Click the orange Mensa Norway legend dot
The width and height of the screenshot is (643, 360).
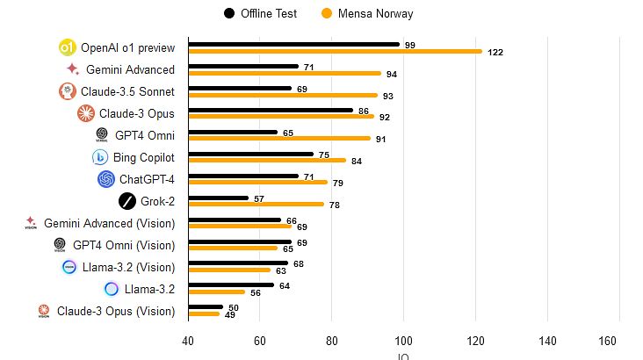click(x=327, y=13)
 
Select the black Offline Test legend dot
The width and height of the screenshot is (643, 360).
click(x=229, y=13)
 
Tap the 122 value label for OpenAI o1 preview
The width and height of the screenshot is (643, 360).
click(x=495, y=52)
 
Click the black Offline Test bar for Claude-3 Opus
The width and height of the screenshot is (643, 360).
click(x=271, y=111)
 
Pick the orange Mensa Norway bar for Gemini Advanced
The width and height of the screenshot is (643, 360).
click(x=285, y=74)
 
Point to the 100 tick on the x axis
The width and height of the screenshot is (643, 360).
click(x=403, y=341)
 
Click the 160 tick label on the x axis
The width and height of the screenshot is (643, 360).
click(x=607, y=341)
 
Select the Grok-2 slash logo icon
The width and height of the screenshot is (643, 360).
click(x=127, y=201)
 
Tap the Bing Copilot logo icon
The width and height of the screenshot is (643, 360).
click(x=100, y=157)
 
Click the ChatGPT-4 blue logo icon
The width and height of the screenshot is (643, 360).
click(x=106, y=179)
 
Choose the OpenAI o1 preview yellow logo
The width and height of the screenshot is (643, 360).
click(x=68, y=47)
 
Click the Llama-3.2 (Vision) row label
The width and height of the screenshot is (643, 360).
click(x=128, y=267)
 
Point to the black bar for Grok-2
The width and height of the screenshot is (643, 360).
click(x=219, y=198)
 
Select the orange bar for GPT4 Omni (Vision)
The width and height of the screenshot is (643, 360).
click(x=233, y=248)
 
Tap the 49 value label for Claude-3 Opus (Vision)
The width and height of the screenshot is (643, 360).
click(x=229, y=315)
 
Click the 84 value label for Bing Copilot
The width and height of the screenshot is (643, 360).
click(x=357, y=162)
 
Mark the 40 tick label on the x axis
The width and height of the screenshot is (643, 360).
click(x=188, y=341)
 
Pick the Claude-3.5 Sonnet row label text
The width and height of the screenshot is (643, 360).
click(x=127, y=91)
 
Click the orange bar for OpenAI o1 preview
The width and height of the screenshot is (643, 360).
click(x=336, y=51)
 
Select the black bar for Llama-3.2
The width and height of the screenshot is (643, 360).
click(x=231, y=285)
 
